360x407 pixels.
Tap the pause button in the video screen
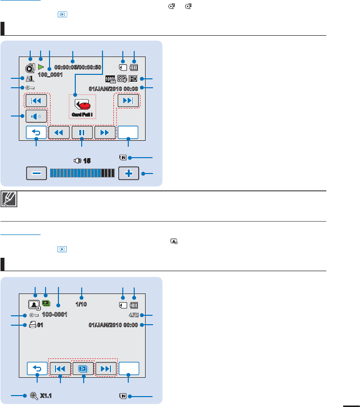coord(82,133)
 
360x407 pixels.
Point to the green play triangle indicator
coord(41,66)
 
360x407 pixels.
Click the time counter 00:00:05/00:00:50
coord(78,67)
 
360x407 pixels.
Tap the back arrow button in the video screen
coord(37,133)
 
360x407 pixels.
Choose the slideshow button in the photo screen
coord(83,369)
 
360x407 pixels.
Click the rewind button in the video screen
coord(59,133)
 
